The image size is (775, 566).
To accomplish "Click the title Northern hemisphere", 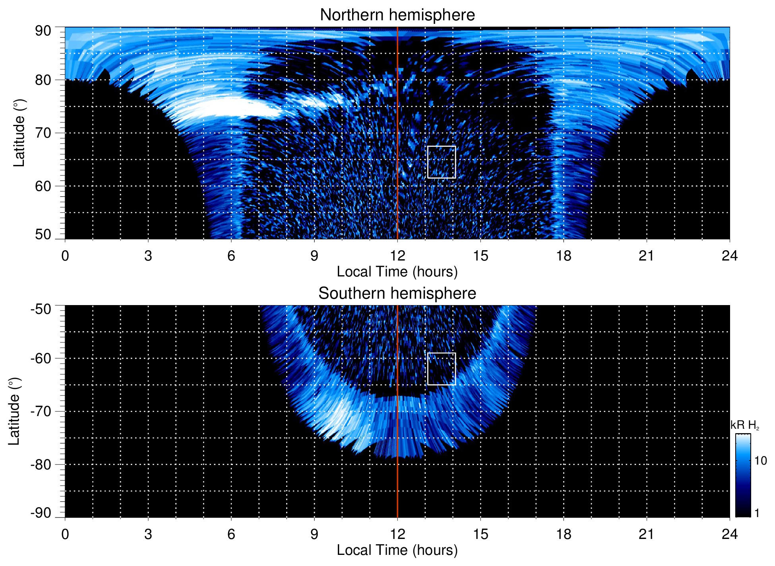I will [397, 15].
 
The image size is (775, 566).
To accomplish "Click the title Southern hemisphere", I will [397, 294].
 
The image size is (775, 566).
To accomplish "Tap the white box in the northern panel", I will [441, 162].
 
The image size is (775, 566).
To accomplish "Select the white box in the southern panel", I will [441, 369].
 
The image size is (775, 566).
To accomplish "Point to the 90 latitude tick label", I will [43, 31].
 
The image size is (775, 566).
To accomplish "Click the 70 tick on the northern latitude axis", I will [43, 133].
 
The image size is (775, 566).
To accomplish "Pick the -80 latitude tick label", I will [41, 465].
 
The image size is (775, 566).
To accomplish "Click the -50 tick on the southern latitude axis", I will [41, 309].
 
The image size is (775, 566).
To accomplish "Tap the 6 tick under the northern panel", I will [231, 256].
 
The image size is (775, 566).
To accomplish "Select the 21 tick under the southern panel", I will [647, 534].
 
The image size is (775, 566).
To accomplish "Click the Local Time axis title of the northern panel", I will [397, 272].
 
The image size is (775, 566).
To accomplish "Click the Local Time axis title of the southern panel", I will [397, 550].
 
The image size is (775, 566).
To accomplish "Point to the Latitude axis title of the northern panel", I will [19, 133].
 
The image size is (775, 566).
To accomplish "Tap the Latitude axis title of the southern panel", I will [14, 411].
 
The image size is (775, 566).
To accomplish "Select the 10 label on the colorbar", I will [760, 461].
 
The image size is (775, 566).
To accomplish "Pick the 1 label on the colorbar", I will [757, 513].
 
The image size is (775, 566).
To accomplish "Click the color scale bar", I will [743, 475].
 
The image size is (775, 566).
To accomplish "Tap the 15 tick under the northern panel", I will [480, 256].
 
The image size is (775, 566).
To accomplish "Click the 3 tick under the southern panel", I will [148, 534].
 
